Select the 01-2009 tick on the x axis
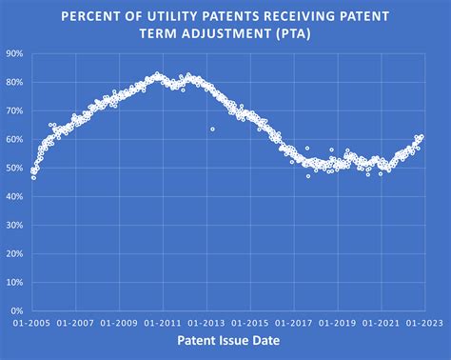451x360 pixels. (x=122, y=323)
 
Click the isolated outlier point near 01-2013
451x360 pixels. (x=212, y=129)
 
